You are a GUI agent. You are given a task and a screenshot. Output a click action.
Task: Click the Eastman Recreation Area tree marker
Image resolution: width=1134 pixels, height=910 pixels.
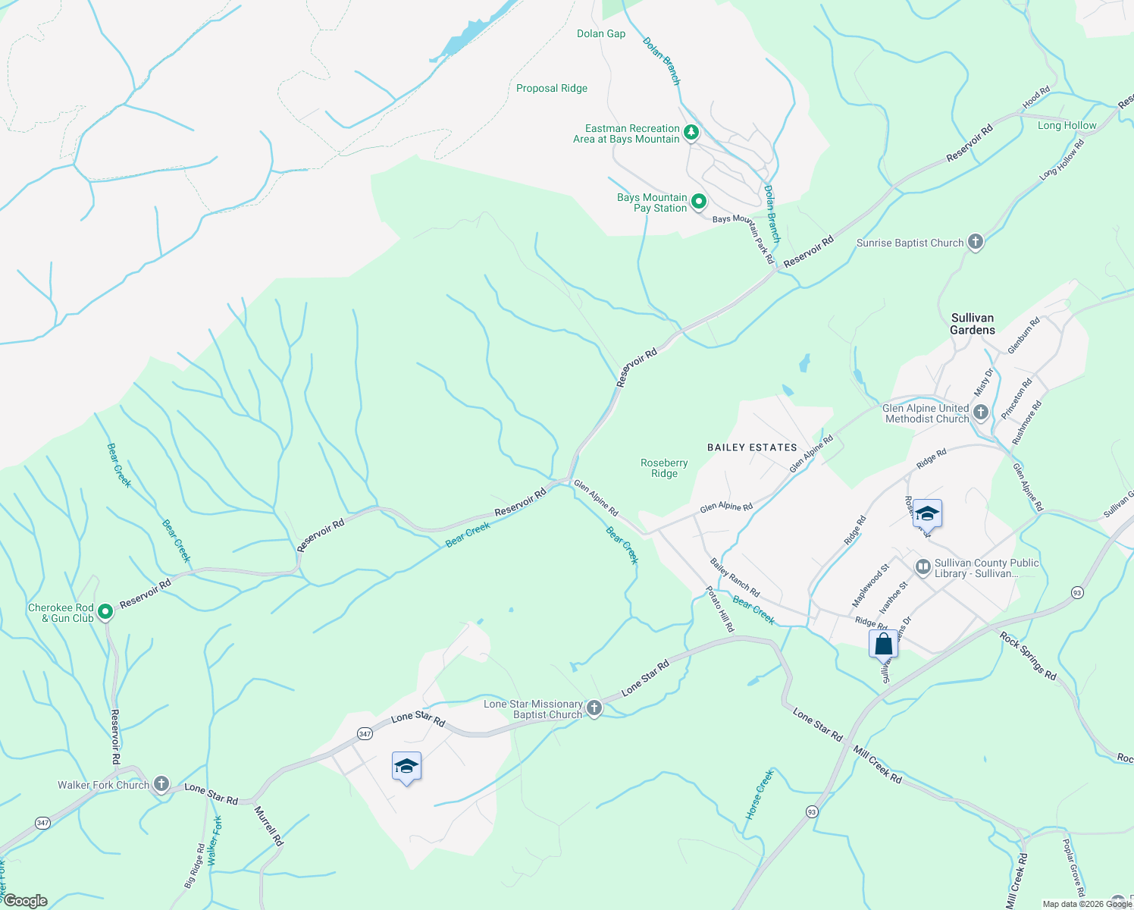click(x=691, y=133)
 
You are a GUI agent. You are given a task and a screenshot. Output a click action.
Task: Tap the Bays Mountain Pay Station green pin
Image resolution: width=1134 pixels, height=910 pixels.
click(x=699, y=202)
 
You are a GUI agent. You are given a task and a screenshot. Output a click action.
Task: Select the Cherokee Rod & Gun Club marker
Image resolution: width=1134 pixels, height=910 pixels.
click(x=105, y=611)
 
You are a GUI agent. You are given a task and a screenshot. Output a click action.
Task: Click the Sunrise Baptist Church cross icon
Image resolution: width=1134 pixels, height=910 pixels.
click(x=976, y=243)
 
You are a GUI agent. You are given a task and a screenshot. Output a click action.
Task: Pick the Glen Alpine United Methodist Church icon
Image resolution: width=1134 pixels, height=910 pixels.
click(x=981, y=413)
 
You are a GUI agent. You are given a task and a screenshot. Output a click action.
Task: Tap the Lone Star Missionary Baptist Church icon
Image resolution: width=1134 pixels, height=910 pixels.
click(x=594, y=708)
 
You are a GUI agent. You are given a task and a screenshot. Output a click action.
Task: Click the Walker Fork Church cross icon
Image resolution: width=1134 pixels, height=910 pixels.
click(x=161, y=784)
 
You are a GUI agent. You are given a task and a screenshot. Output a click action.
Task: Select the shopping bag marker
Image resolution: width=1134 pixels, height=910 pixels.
click(x=883, y=645)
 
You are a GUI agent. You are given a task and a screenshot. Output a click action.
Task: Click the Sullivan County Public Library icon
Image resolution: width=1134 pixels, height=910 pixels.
click(x=923, y=566)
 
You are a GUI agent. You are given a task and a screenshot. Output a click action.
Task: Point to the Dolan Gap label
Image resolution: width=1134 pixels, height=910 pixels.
click(x=601, y=33)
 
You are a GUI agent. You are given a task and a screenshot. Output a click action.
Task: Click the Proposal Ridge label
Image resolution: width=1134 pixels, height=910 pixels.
click(x=552, y=88)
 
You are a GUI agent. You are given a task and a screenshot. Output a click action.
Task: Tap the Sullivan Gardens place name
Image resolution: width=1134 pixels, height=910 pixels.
click(x=973, y=324)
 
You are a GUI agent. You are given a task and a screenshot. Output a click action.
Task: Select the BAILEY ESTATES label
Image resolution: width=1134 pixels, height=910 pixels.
click(x=752, y=447)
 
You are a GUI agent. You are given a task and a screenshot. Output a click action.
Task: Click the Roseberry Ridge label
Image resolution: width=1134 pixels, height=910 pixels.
click(x=664, y=468)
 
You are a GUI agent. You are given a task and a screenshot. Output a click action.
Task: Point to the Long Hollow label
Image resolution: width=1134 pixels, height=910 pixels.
click(x=1067, y=125)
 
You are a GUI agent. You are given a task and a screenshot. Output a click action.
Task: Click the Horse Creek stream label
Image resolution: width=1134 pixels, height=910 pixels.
click(x=759, y=795)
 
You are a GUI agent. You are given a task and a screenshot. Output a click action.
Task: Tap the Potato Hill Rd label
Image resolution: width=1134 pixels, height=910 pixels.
click(x=720, y=609)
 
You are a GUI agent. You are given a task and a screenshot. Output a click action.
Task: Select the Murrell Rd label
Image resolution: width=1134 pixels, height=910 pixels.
click(x=268, y=825)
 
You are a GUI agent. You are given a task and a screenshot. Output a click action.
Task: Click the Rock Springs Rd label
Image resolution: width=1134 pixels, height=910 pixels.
click(x=1027, y=655)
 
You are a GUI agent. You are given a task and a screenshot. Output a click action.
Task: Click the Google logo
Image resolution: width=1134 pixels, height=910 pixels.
click(x=25, y=901)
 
